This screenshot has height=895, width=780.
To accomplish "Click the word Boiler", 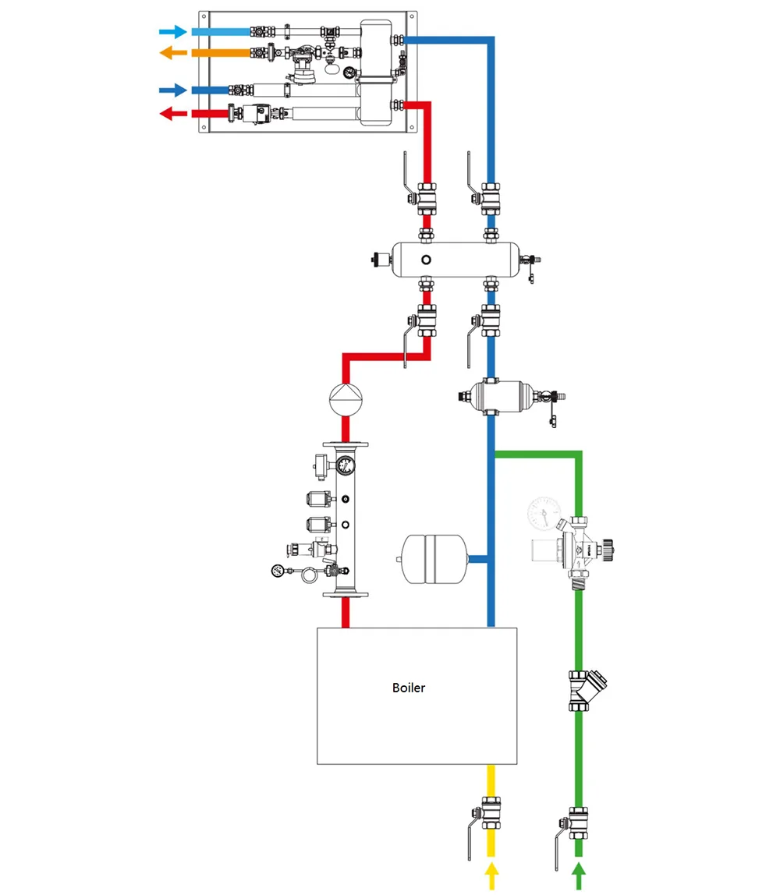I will point(409,688).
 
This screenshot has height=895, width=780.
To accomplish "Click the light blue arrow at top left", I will point(172,32).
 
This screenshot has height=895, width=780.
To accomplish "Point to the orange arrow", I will point(172,53).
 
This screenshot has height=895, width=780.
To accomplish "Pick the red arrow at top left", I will point(172,114).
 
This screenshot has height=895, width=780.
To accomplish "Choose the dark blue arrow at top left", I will point(172,90).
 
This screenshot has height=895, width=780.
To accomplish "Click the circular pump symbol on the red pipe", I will point(346,398).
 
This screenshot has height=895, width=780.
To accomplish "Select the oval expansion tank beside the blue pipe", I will point(432,558).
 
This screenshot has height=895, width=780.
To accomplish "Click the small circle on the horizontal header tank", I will point(426,259).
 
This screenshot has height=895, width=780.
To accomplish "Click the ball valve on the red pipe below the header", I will point(426,320).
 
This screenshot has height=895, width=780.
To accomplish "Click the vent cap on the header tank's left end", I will point(381,259).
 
